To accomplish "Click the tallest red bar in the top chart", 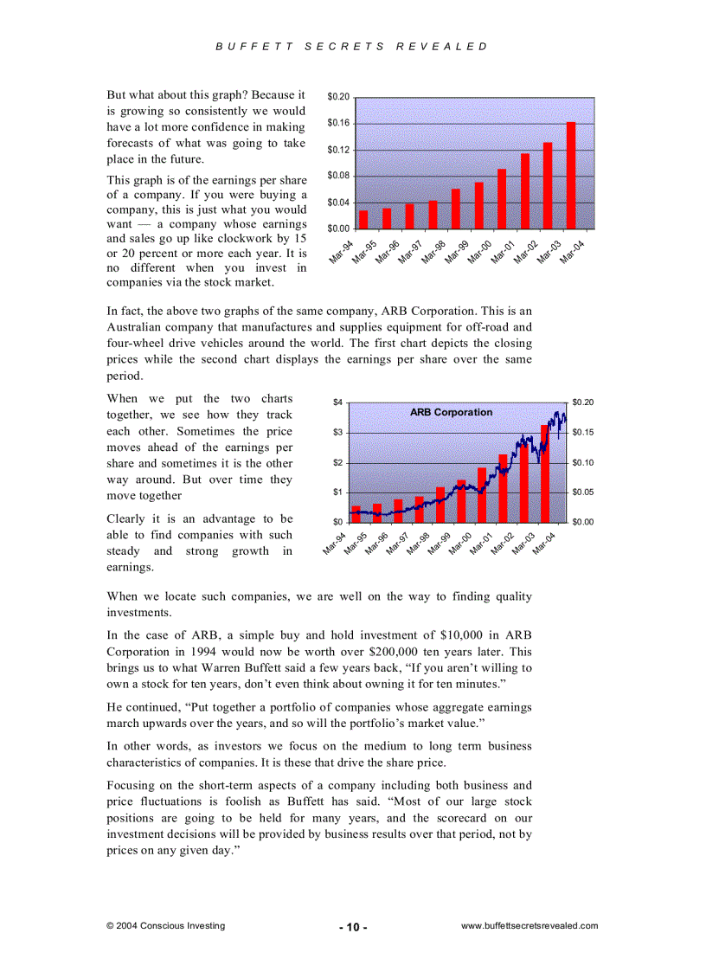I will [x=571, y=176].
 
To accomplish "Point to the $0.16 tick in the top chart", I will [x=338, y=123].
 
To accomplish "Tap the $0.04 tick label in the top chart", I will [x=338, y=203].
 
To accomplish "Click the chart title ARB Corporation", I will [x=451, y=413].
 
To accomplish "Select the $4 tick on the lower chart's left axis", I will [x=338, y=402].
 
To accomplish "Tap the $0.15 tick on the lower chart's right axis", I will [x=582, y=433].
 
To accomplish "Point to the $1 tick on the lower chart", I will [x=338, y=492].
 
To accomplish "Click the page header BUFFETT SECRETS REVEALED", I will [x=352, y=47].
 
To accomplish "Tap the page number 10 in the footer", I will [x=353, y=927].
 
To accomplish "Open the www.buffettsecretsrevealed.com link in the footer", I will [x=529, y=925].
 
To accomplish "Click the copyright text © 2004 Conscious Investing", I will [x=165, y=925].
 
